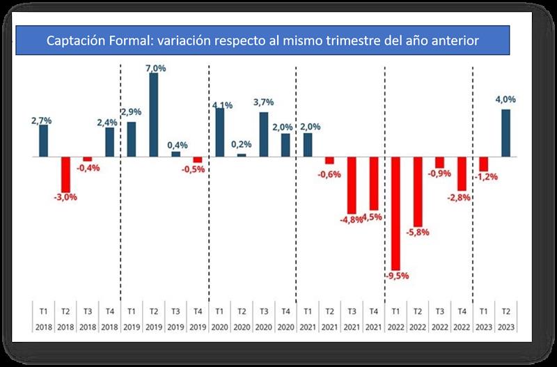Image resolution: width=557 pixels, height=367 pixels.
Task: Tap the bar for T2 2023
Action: [506, 133]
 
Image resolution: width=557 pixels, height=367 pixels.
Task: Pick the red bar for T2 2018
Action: [65, 174]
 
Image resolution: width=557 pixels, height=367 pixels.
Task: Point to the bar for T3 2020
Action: [263, 134]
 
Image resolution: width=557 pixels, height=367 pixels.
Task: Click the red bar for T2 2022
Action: [418, 191]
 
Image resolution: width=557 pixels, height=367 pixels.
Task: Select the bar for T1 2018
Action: [43, 141]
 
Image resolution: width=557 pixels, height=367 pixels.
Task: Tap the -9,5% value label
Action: [396, 275]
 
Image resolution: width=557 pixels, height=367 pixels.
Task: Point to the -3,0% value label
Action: [65, 197]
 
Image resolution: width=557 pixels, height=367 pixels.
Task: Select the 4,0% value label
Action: [505, 100]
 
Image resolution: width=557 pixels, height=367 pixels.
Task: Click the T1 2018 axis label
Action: [43, 318]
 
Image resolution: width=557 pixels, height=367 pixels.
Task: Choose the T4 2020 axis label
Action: [285, 318]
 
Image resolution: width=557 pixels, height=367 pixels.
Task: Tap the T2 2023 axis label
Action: [506, 318]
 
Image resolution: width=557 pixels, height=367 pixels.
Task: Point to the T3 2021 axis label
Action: [352, 318]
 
